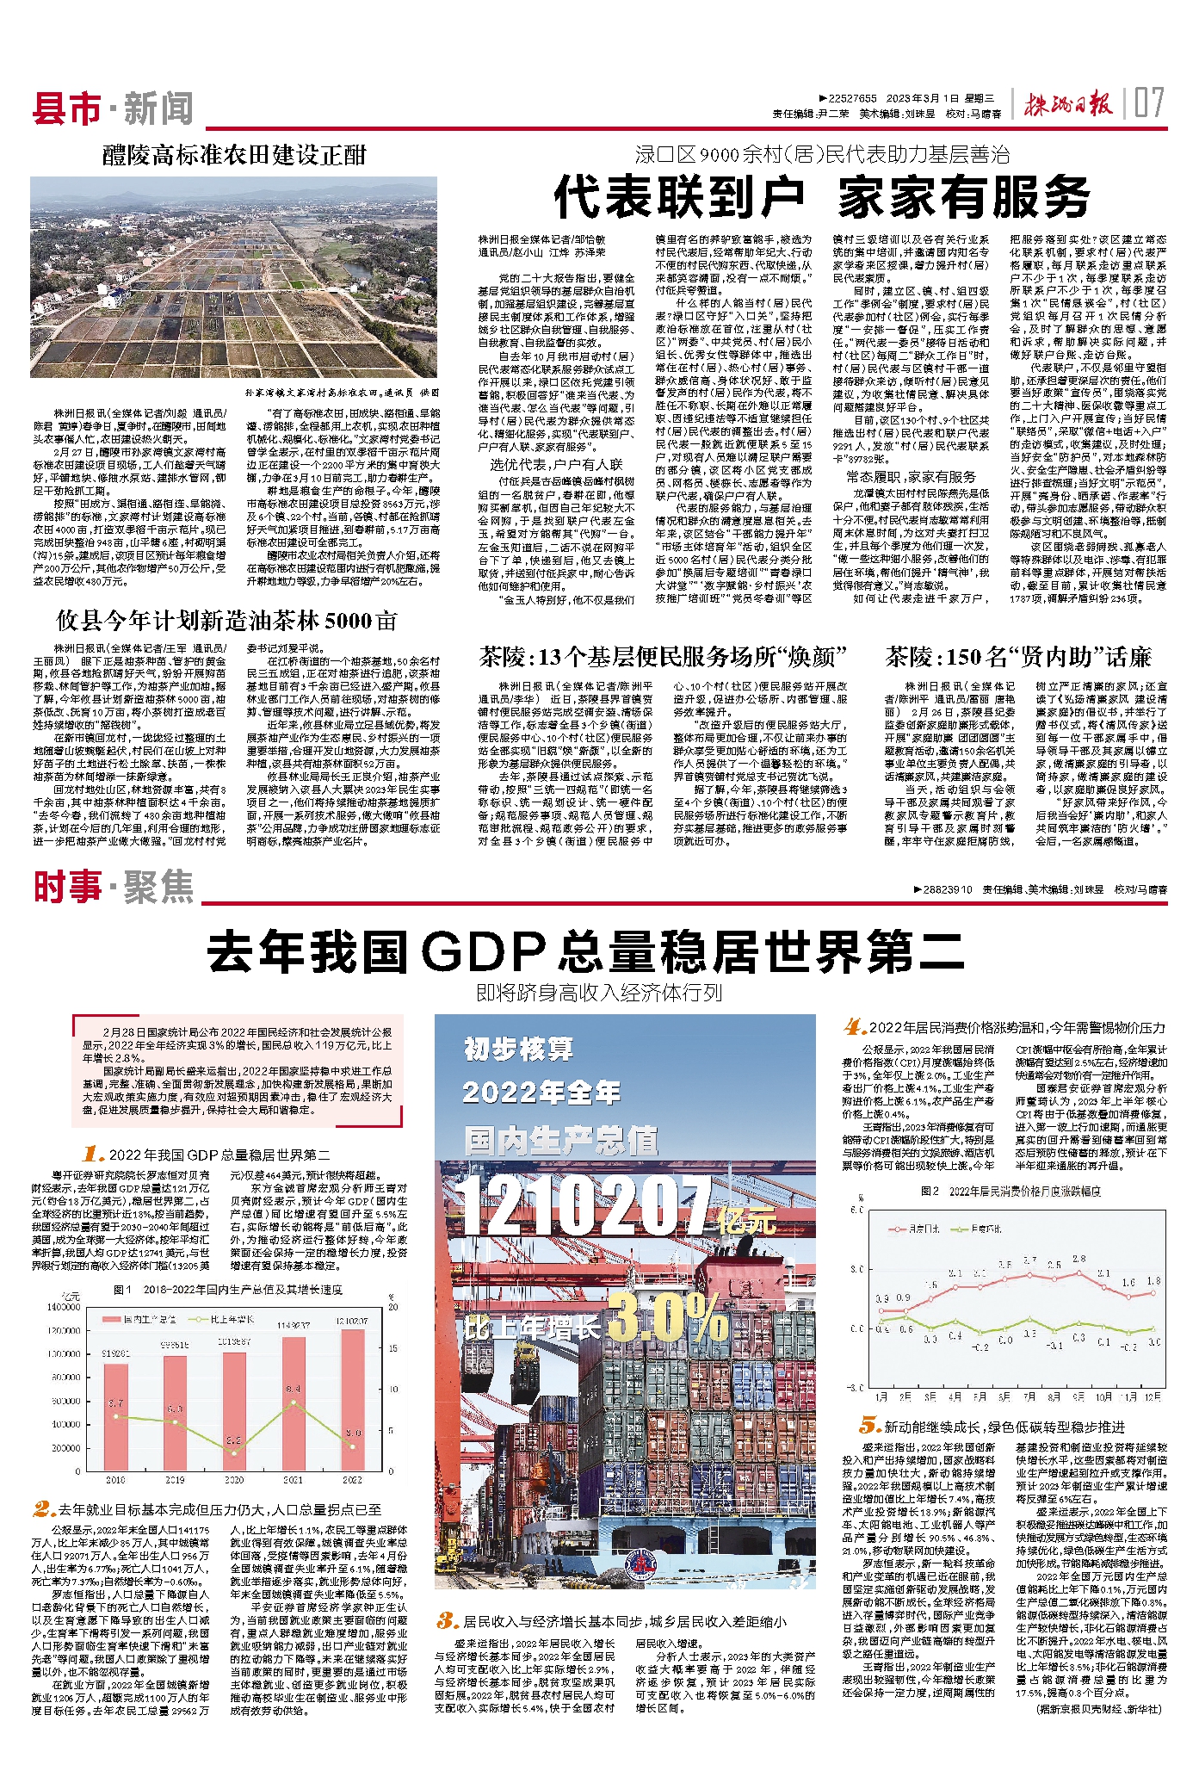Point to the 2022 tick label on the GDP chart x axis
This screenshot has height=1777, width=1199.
pyautogui.click(x=353, y=1480)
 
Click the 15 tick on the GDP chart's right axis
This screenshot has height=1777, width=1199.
pyautogui.click(x=393, y=1348)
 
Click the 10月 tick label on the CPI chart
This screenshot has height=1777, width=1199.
pyautogui.click(x=1103, y=1396)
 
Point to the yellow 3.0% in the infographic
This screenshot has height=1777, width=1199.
pyautogui.click(x=668, y=1317)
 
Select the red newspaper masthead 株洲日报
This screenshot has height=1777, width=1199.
pyautogui.click(x=1066, y=105)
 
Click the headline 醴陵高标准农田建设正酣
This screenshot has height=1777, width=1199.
pyautogui.click(x=234, y=155)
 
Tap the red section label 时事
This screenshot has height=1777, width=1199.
pyautogui.click(x=67, y=887)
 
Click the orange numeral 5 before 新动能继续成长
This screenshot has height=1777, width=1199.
pyautogui.click(x=869, y=1426)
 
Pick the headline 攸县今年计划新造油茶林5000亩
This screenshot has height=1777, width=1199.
pyautogui.click(x=227, y=621)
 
